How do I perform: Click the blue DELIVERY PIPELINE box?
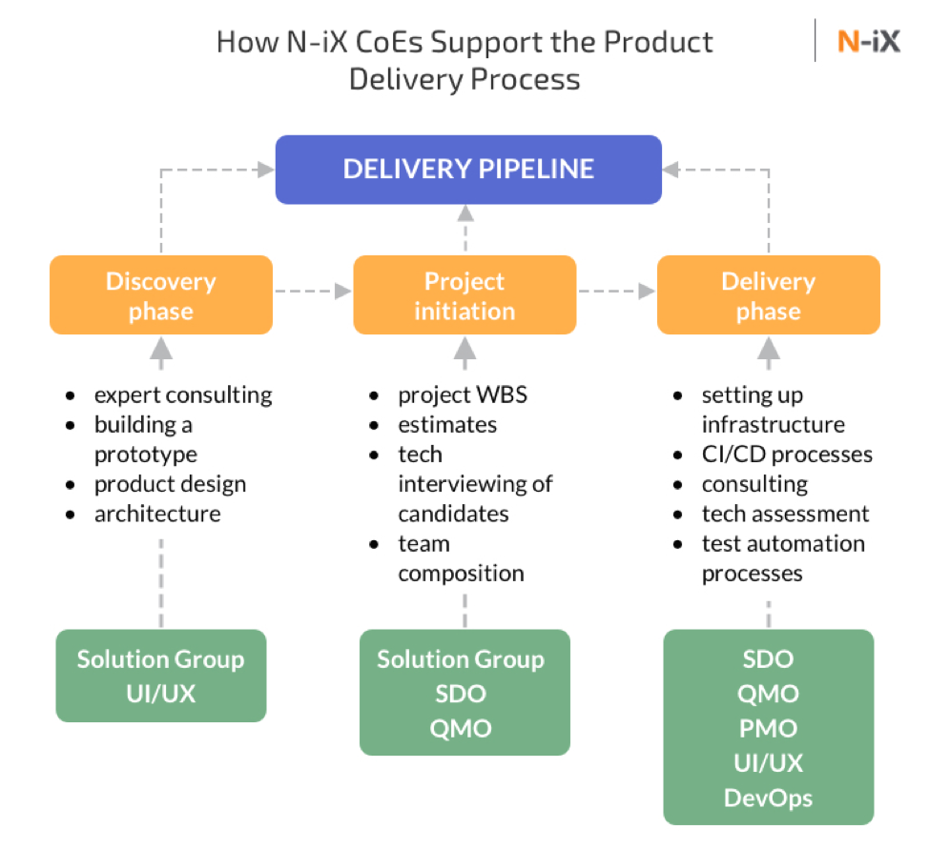[468, 170]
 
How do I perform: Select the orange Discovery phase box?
[161, 295]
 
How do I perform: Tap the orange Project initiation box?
[464, 295]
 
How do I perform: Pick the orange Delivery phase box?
[768, 295]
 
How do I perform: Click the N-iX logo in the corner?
[868, 42]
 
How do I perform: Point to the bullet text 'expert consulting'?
[182, 394]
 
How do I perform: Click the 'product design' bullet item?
[170, 484]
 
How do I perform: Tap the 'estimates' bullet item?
[447, 425]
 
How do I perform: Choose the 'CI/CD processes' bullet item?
[787, 455]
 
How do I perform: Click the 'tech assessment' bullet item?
[785, 515]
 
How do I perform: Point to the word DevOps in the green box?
[768, 797]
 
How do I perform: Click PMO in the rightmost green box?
[768, 728]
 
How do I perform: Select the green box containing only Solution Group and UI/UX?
[161, 676]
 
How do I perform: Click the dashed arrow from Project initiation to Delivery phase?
[616, 291]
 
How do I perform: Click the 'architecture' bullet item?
[157, 515]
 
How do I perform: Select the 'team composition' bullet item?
[461, 558]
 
